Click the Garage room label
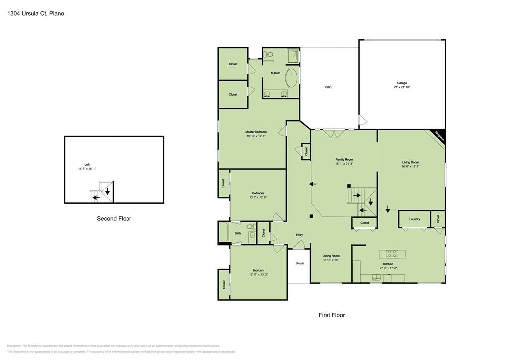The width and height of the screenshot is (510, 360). [402, 83]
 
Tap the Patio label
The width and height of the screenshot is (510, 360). [328, 87]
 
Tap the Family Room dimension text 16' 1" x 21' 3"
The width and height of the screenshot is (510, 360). [344, 164]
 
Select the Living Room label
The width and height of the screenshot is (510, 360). [410, 162]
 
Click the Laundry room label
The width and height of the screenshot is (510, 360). [414, 219]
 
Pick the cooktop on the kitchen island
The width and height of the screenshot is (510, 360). [392, 253]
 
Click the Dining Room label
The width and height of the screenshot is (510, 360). [331, 256]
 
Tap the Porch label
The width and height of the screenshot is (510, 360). [300, 263]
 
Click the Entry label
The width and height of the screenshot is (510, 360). [299, 235]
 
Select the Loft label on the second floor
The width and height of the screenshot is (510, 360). [87, 165]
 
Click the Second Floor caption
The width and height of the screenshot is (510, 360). [114, 218]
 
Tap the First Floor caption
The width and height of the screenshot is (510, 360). [332, 315]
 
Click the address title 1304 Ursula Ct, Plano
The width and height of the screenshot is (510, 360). [35, 14]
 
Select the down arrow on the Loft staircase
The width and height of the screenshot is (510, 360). [107, 191]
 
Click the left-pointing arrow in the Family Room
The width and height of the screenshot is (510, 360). [313, 184]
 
